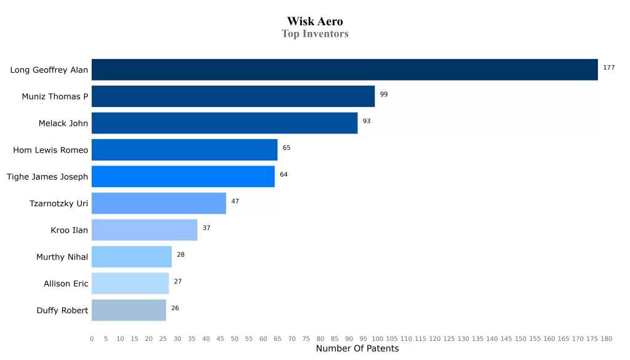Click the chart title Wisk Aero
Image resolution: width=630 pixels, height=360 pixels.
click(x=315, y=22)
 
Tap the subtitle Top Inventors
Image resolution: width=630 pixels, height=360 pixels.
click(x=315, y=34)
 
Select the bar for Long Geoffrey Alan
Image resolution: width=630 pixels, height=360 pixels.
click(x=345, y=70)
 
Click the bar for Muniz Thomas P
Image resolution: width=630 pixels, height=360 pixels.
click(x=233, y=97)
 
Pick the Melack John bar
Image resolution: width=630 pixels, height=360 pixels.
click(x=225, y=123)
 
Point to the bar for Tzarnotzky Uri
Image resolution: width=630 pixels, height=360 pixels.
click(x=159, y=203)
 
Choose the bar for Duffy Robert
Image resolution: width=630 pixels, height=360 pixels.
click(x=129, y=310)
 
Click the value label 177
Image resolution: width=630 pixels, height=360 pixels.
click(x=608, y=68)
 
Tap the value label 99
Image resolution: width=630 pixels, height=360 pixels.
click(x=384, y=94)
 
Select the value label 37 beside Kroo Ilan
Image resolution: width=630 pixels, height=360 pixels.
click(x=207, y=228)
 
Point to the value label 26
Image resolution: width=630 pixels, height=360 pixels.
click(x=175, y=308)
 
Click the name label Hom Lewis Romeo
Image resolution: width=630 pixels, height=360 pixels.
click(x=50, y=150)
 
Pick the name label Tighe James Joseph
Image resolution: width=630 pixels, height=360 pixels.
click(x=47, y=177)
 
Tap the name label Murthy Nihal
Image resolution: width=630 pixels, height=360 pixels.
click(x=62, y=257)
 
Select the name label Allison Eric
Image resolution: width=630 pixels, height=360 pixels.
click(x=66, y=284)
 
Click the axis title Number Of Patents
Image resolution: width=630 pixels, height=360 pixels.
click(x=357, y=349)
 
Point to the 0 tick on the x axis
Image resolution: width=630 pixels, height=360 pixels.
click(x=92, y=338)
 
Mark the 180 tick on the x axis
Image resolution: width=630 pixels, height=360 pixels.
click(x=606, y=338)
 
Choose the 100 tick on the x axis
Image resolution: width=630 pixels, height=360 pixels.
click(x=377, y=338)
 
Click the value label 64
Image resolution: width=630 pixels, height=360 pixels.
click(x=284, y=174)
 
